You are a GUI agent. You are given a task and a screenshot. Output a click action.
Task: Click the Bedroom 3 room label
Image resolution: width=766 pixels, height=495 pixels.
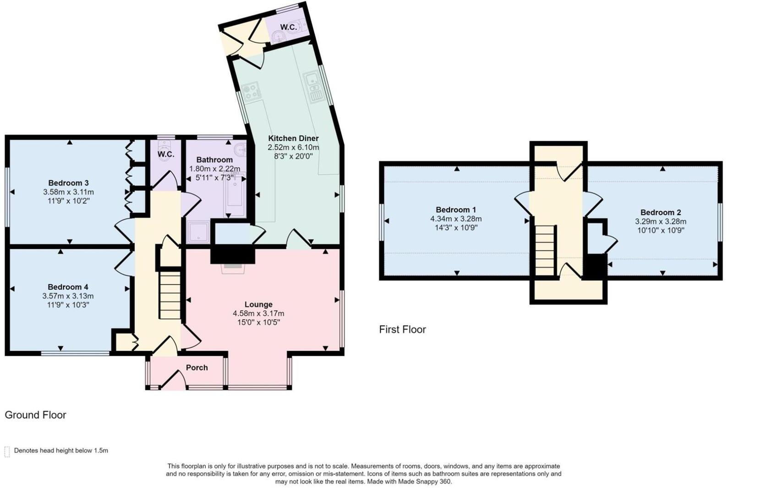pyautogui.click(x=68, y=183)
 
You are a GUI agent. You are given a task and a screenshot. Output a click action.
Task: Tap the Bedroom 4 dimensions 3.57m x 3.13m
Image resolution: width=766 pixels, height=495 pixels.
pyautogui.click(x=68, y=296)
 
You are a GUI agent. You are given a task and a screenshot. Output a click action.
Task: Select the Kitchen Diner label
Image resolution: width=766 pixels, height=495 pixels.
pyautogui.click(x=293, y=138)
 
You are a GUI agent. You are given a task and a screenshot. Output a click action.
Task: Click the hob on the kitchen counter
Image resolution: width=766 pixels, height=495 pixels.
pyautogui.click(x=251, y=91)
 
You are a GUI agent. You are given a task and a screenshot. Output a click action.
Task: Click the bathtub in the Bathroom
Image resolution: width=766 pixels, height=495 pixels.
pyautogui.click(x=236, y=195)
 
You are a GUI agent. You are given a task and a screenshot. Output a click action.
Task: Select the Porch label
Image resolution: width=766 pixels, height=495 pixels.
pyautogui.click(x=197, y=368)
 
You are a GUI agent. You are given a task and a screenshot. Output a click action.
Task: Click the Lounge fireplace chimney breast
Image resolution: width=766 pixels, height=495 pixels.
pyautogui.click(x=232, y=254)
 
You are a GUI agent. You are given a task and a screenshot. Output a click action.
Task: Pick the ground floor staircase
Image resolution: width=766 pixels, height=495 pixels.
pyautogui.click(x=170, y=295)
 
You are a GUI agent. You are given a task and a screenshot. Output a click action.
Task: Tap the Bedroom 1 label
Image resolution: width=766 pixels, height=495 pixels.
pyautogui.click(x=456, y=210)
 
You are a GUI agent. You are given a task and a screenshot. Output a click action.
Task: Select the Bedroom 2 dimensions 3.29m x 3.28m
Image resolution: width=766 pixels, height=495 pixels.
pyautogui.click(x=661, y=221)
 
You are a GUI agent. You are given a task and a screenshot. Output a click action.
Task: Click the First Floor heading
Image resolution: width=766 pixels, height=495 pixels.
pyautogui.click(x=402, y=330)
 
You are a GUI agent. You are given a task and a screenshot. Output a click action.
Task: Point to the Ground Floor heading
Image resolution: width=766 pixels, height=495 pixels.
pyautogui.click(x=35, y=415)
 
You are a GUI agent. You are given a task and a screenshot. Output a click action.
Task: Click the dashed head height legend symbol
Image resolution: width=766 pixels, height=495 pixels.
pyautogui.click(x=7, y=451)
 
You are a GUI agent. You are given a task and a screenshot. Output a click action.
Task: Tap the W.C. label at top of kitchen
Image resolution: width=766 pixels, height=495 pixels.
pyautogui.click(x=288, y=27)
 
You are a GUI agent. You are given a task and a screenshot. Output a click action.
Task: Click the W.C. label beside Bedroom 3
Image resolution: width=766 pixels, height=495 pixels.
pyautogui.click(x=166, y=154)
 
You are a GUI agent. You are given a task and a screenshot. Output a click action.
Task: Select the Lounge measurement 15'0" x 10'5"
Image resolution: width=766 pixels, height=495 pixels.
pyautogui.click(x=258, y=322)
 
